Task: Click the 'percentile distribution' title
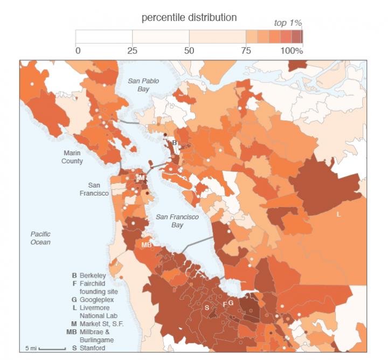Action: pyautogui.click(x=189, y=18)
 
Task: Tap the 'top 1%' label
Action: pyautogui.click(x=287, y=24)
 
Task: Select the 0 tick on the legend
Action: pyautogui.click(x=78, y=51)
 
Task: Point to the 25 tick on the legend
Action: pyautogui.click(x=133, y=51)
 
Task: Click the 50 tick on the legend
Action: pyautogui.click(x=189, y=51)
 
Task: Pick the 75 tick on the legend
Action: pyautogui.click(x=246, y=51)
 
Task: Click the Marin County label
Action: pyautogui.click(x=72, y=157)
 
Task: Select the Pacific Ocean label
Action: pyautogui.click(x=40, y=238)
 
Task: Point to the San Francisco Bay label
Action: pyautogui.click(x=177, y=220)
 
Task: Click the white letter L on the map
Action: pyautogui.click(x=338, y=214)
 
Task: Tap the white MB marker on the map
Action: pyautogui.click(x=146, y=245)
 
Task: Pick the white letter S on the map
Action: pyautogui.click(x=206, y=307)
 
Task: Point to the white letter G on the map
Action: pyautogui.click(x=231, y=303)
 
